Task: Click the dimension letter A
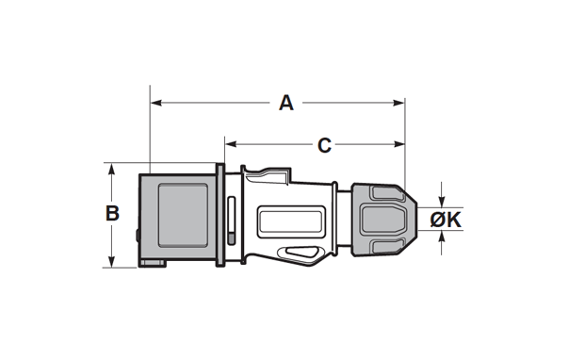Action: [286, 103]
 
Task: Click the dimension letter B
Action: [112, 213]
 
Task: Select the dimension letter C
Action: [324, 145]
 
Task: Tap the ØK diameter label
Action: [446, 220]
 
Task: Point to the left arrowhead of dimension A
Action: [156, 103]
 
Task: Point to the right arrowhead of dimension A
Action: [398, 103]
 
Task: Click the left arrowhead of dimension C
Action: [231, 144]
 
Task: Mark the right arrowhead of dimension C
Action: [398, 144]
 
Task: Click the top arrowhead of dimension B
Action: [112, 169]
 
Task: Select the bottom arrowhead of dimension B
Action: [112, 262]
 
